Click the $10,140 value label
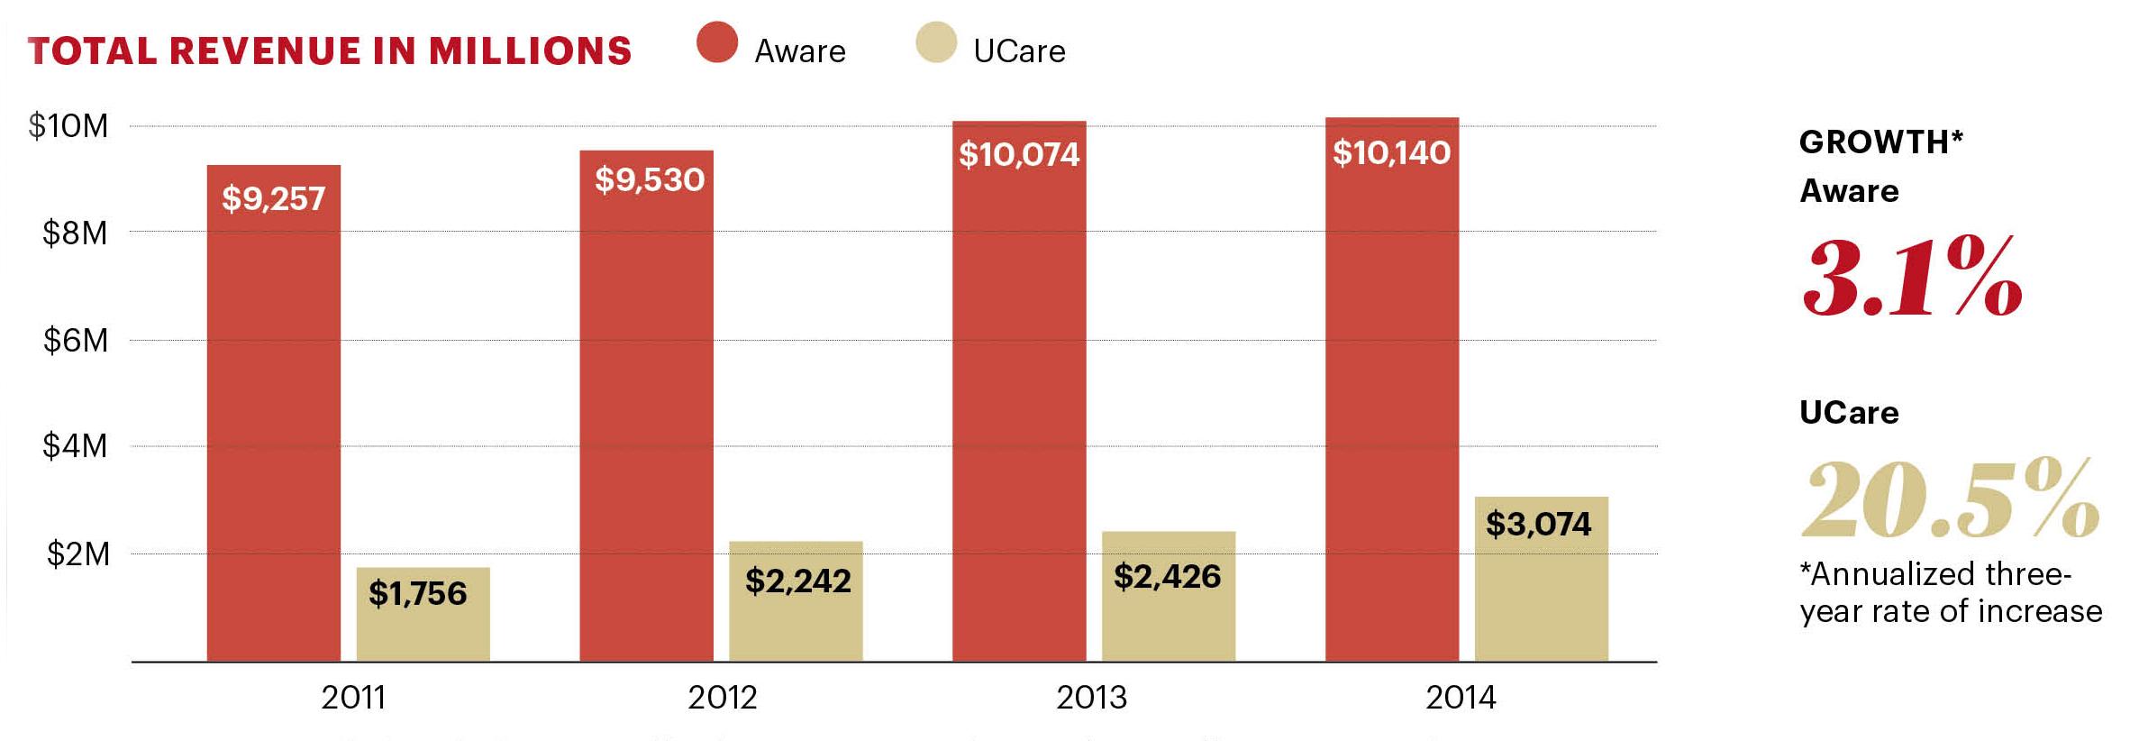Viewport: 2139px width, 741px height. pyautogui.click(x=1391, y=152)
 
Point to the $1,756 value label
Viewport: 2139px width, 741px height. pyautogui.click(x=418, y=593)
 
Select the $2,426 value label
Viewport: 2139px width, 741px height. pyautogui.click(x=1167, y=576)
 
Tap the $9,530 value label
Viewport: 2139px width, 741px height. pyautogui.click(x=649, y=179)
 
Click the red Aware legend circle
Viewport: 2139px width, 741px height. pyautogui.click(x=717, y=42)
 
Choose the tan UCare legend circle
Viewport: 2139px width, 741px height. pyautogui.click(x=936, y=42)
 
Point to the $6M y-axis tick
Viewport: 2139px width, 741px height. pyautogui.click(x=76, y=341)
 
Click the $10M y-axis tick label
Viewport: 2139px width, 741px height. pyautogui.click(x=68, y=126)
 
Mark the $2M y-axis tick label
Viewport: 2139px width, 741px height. pyautogui.click(x=77, y=553)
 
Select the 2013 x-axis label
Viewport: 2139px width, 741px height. pyautogui.click(x=1091, y=697)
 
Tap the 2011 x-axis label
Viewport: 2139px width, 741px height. pyautogui.click(x=353, y=697)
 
